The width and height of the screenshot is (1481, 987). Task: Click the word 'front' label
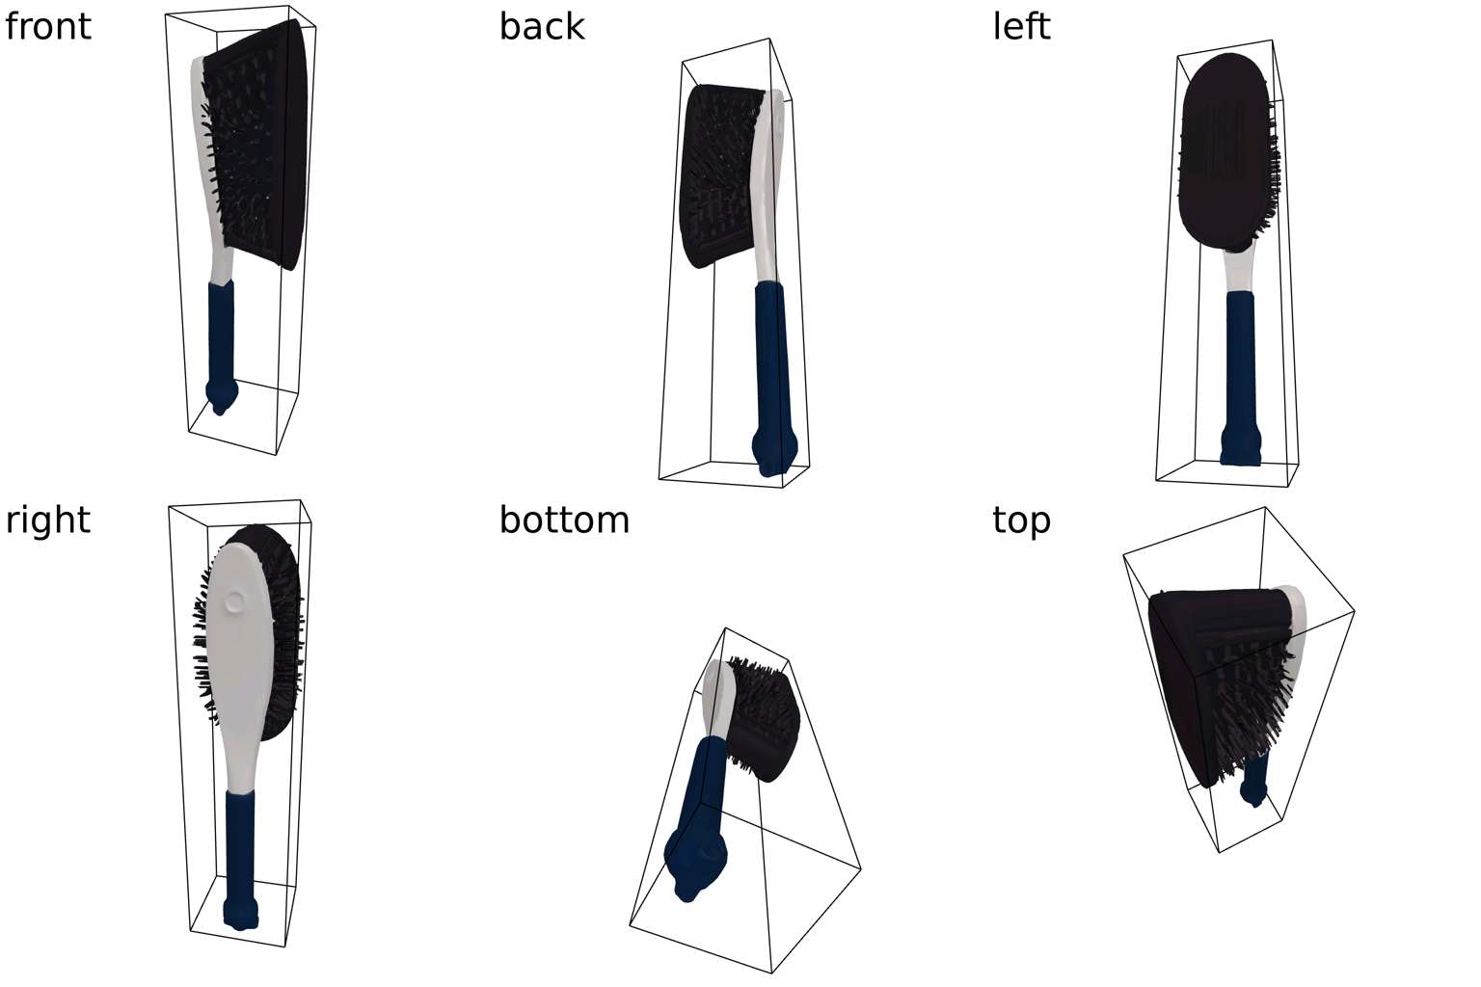point(48,26)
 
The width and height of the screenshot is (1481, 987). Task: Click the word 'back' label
point(541,26)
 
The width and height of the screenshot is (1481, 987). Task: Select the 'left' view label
point(1021,26)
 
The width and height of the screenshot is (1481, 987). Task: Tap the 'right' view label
point(48,520)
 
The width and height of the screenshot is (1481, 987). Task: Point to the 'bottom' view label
point(564,520)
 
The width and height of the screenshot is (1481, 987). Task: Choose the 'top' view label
point(1021,520)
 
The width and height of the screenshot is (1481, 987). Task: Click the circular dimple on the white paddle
point(233,603)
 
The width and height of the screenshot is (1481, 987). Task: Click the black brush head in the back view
point(718,173)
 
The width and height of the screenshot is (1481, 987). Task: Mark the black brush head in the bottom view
point(767,718)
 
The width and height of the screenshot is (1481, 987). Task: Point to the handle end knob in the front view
point(222,394)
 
